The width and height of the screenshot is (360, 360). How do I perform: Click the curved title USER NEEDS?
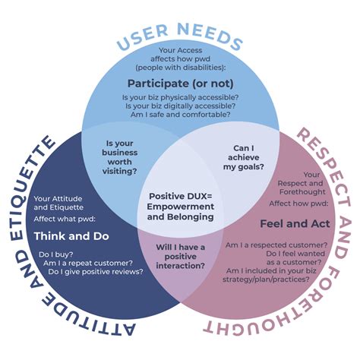click(x=179, y=33)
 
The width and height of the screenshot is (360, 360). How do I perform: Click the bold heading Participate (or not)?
click(x=179, y=82)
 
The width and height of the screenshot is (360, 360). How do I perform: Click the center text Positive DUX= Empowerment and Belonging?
click(x=180, y=206)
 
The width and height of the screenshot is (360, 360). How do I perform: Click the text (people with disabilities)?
click(x=180, y=67)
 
